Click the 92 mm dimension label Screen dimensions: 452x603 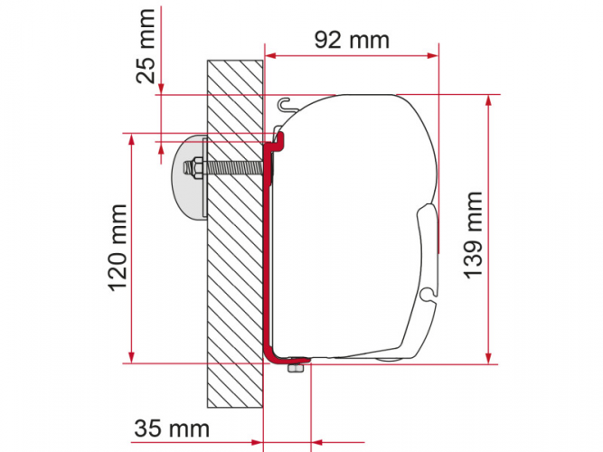pyautogui.click(x=352, y=40)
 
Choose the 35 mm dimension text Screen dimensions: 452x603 pyautogui.click(x=170, y=427)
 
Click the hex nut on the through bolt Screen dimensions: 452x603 pyautogui.click(x=193, y=168)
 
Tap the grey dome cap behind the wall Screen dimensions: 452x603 pyautogui.click(x=184, y=176)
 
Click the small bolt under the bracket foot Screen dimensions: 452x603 pyautogui.click(x=293, y=367)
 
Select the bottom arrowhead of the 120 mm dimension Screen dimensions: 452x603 pyautogui.click(x=134, y=356)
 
